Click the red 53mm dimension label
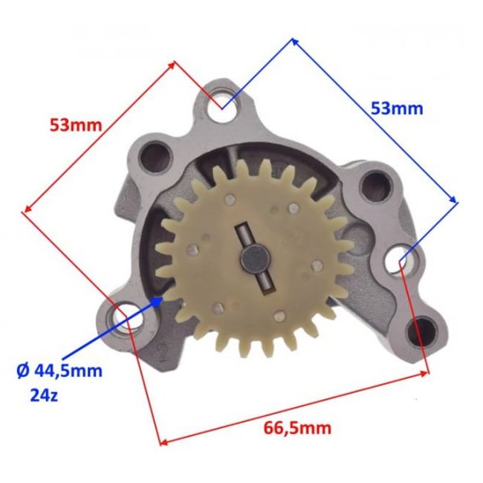(76, 125)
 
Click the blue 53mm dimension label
(397, 108)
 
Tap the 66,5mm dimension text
(297, 428)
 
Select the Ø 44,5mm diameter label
(59, 371)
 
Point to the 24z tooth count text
(44, 395)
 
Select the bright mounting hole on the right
(399, 259)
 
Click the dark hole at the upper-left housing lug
(155, 158)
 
